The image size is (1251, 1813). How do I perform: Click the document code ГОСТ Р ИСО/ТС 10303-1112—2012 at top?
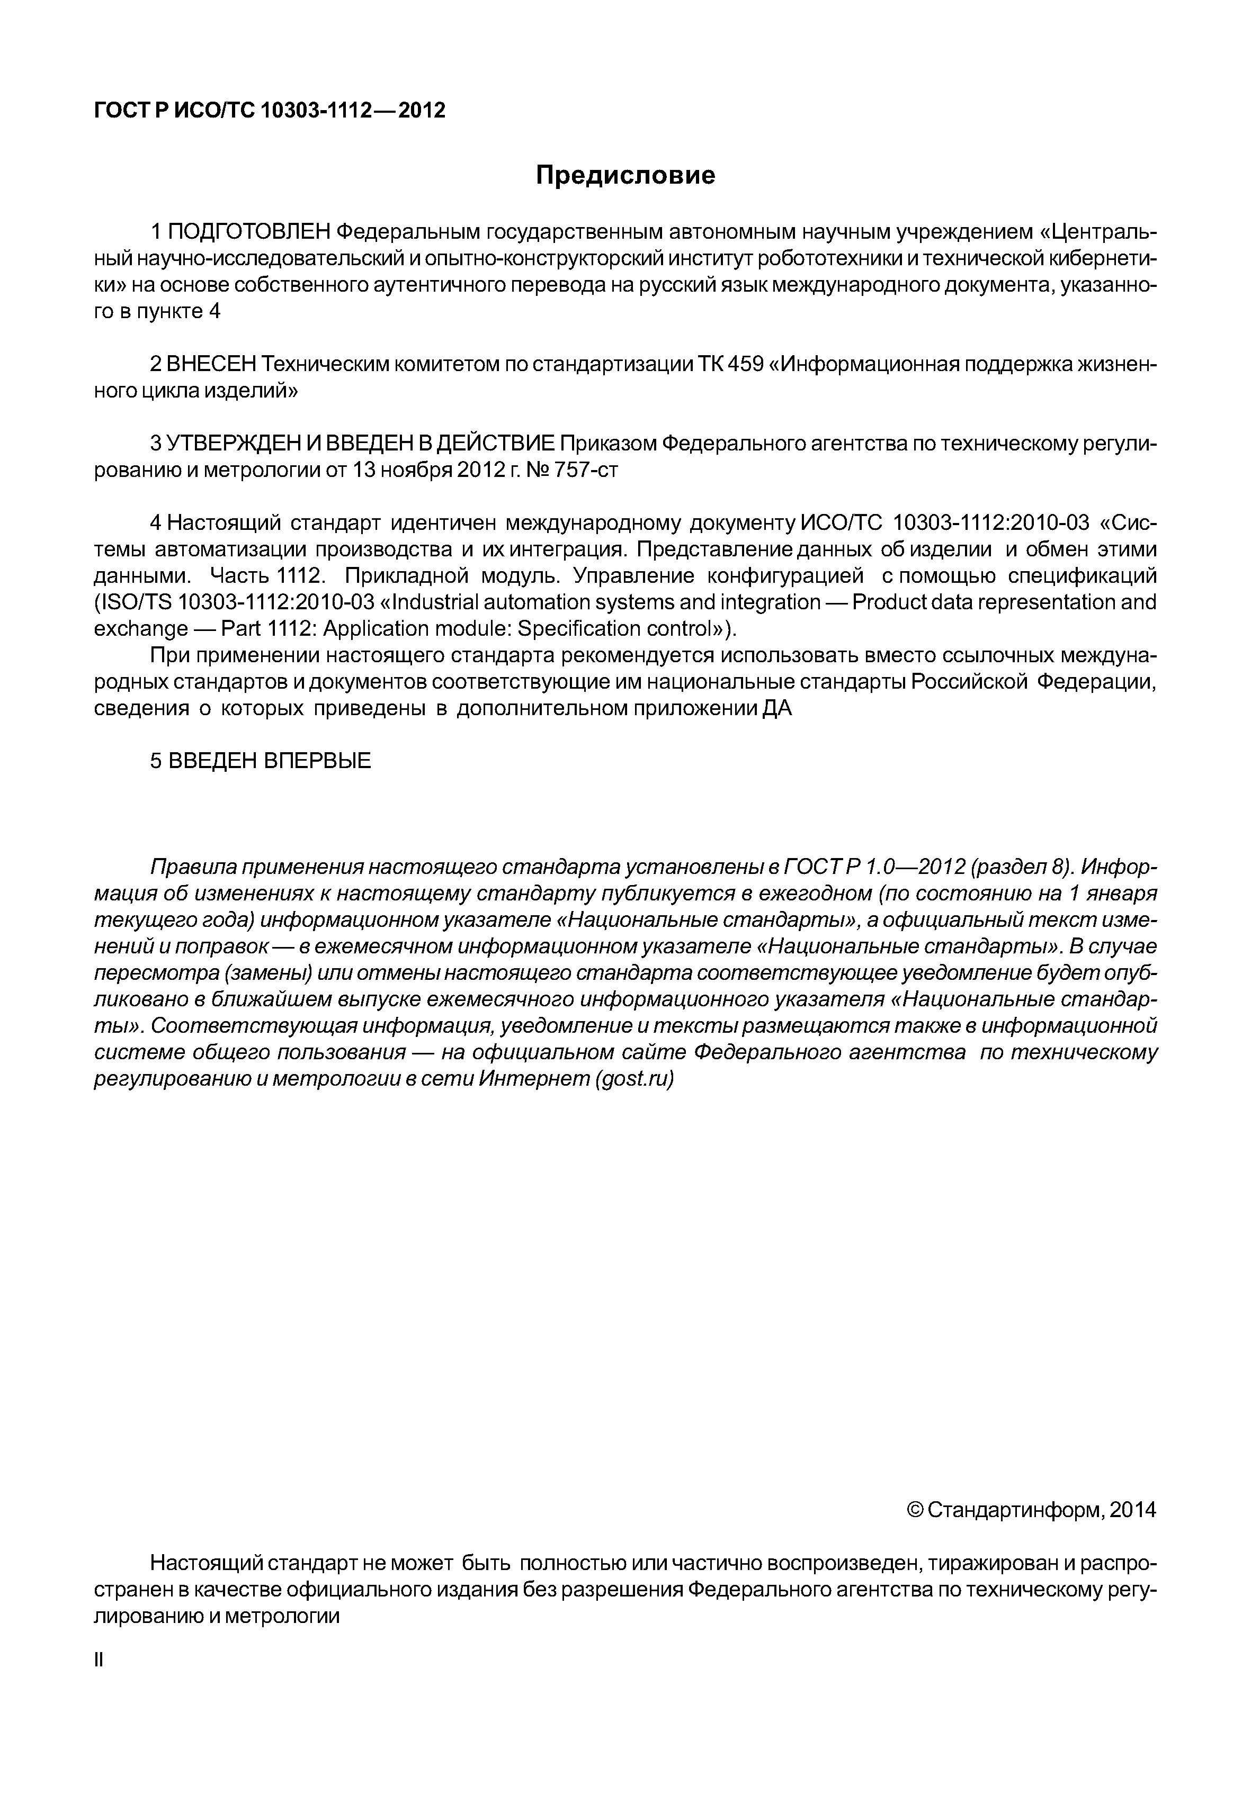270,111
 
